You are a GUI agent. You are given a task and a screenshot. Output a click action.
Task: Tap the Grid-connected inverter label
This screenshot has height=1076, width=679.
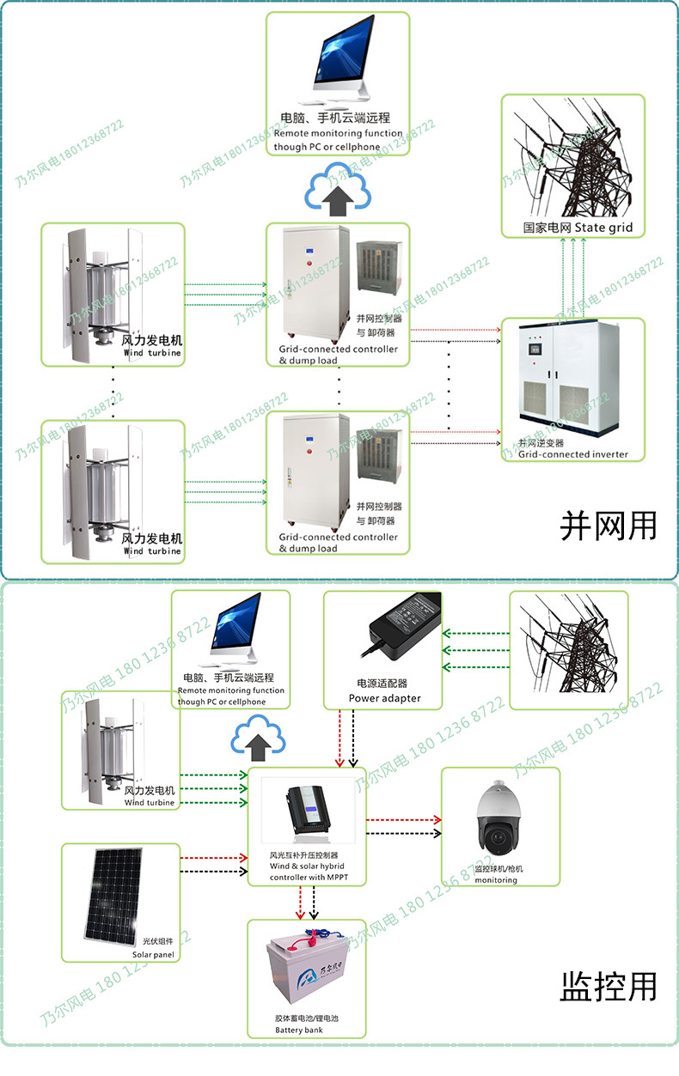tap(572, 454)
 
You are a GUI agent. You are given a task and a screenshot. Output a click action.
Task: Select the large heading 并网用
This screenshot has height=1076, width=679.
tap(608, 526)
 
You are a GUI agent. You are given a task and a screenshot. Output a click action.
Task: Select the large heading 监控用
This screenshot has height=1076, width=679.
tap(608, 985)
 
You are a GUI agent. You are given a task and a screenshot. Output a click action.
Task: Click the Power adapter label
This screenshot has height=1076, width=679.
tap(384, 698)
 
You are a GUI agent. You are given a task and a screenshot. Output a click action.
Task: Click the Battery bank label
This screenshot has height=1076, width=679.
tap(299, 1030)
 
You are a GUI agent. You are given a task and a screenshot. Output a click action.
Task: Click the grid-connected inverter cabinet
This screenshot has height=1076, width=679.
tap(572, 378)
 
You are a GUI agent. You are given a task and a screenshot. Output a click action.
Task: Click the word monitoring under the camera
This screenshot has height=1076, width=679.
tap(496, 880)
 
